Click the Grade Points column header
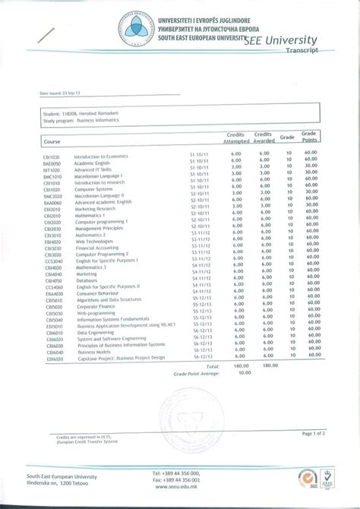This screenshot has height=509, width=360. pos(311,137)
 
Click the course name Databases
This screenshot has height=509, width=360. pos(87,280)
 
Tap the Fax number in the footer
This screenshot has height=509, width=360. pos(175,480)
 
